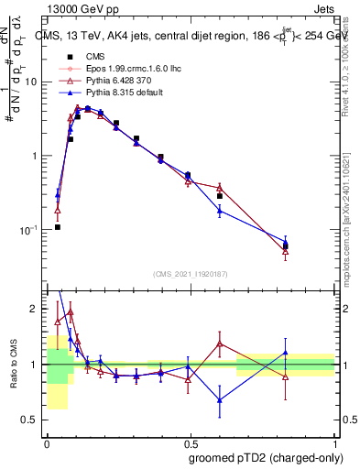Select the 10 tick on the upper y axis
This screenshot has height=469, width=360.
click(36, 82)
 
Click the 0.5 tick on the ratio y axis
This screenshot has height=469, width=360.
click(35, 420)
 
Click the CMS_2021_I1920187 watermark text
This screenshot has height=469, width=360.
click(191, 273)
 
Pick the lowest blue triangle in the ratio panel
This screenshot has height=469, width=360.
click(220, 400)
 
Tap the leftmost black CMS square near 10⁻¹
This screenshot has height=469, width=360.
click(58, 226)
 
